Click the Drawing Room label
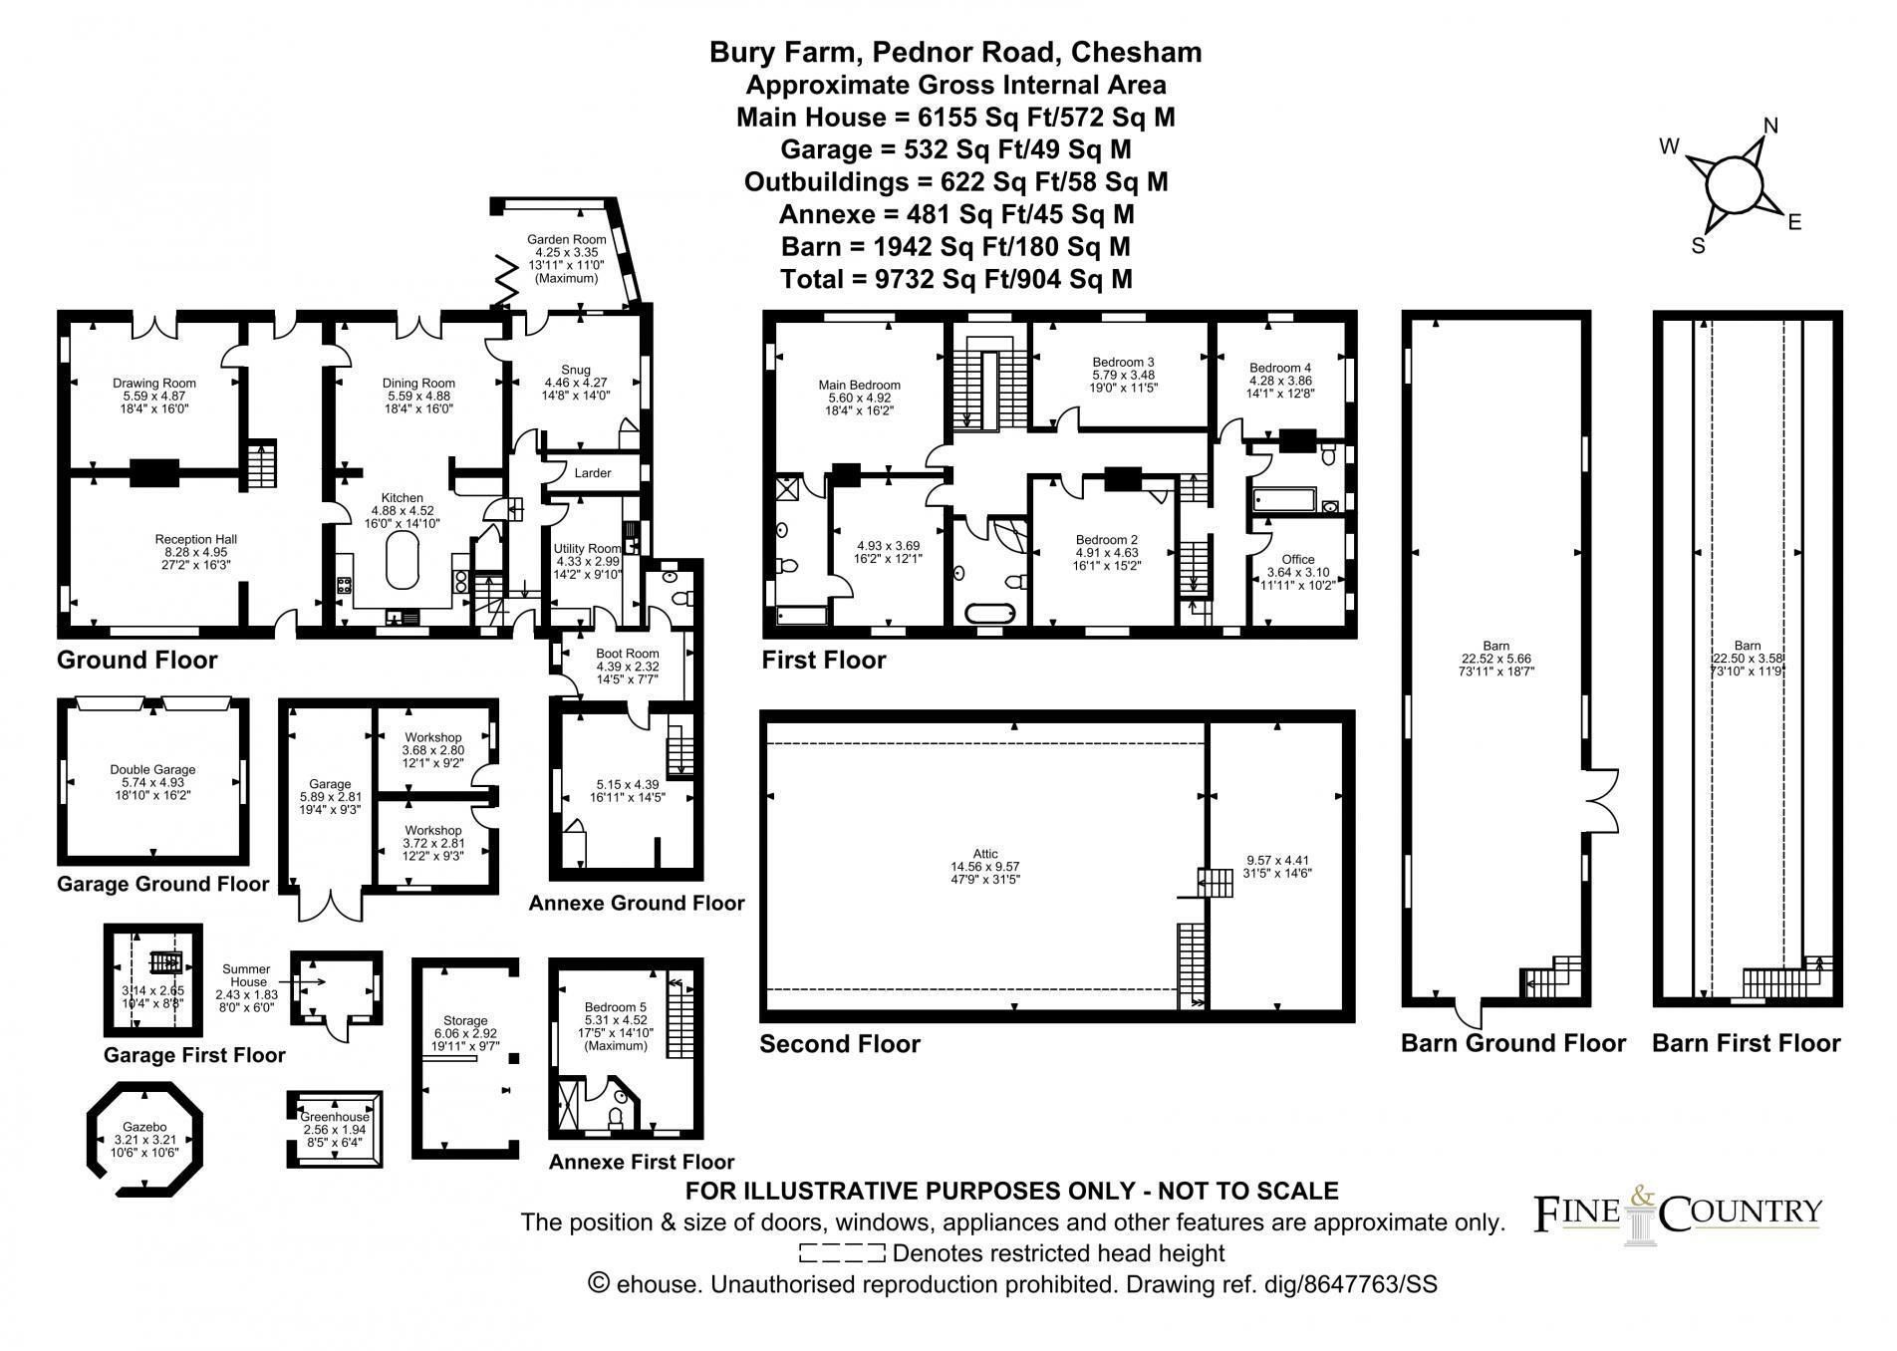pos(153,383)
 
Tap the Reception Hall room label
pos(195,539)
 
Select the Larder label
pos(593,473)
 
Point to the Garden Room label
pos(566,239)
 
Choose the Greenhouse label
pos(335,1117)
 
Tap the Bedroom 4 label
pos(1280,368)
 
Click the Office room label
pos(1298,559)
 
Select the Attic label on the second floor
pos(985,854)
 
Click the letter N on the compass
pos(1770,126)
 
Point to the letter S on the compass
pos(1699,245)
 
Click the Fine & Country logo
pos(1678,1214)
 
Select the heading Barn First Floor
pos(1747,1043)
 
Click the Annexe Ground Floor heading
pos(637,904)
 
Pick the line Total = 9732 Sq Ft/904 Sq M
pos(956,279)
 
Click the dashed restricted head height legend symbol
pos(842,1253)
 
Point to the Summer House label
pos(246,975)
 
